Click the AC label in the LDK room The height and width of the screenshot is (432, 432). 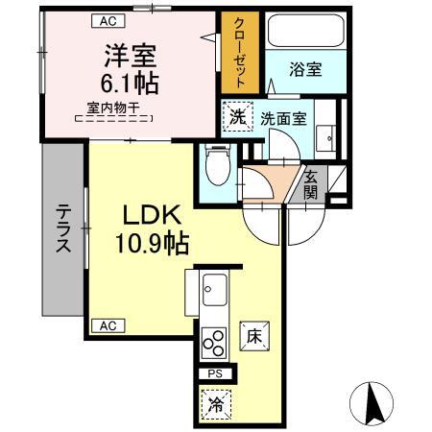(x=108, y=325)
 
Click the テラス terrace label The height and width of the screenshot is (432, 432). (x=62, y=229)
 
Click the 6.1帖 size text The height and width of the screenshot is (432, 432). (x=125, y=81)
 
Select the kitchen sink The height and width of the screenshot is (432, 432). (x=213, y=288)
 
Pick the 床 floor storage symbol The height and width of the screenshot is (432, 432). (x=253, y=337)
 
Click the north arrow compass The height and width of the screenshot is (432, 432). (x=373, y=402)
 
